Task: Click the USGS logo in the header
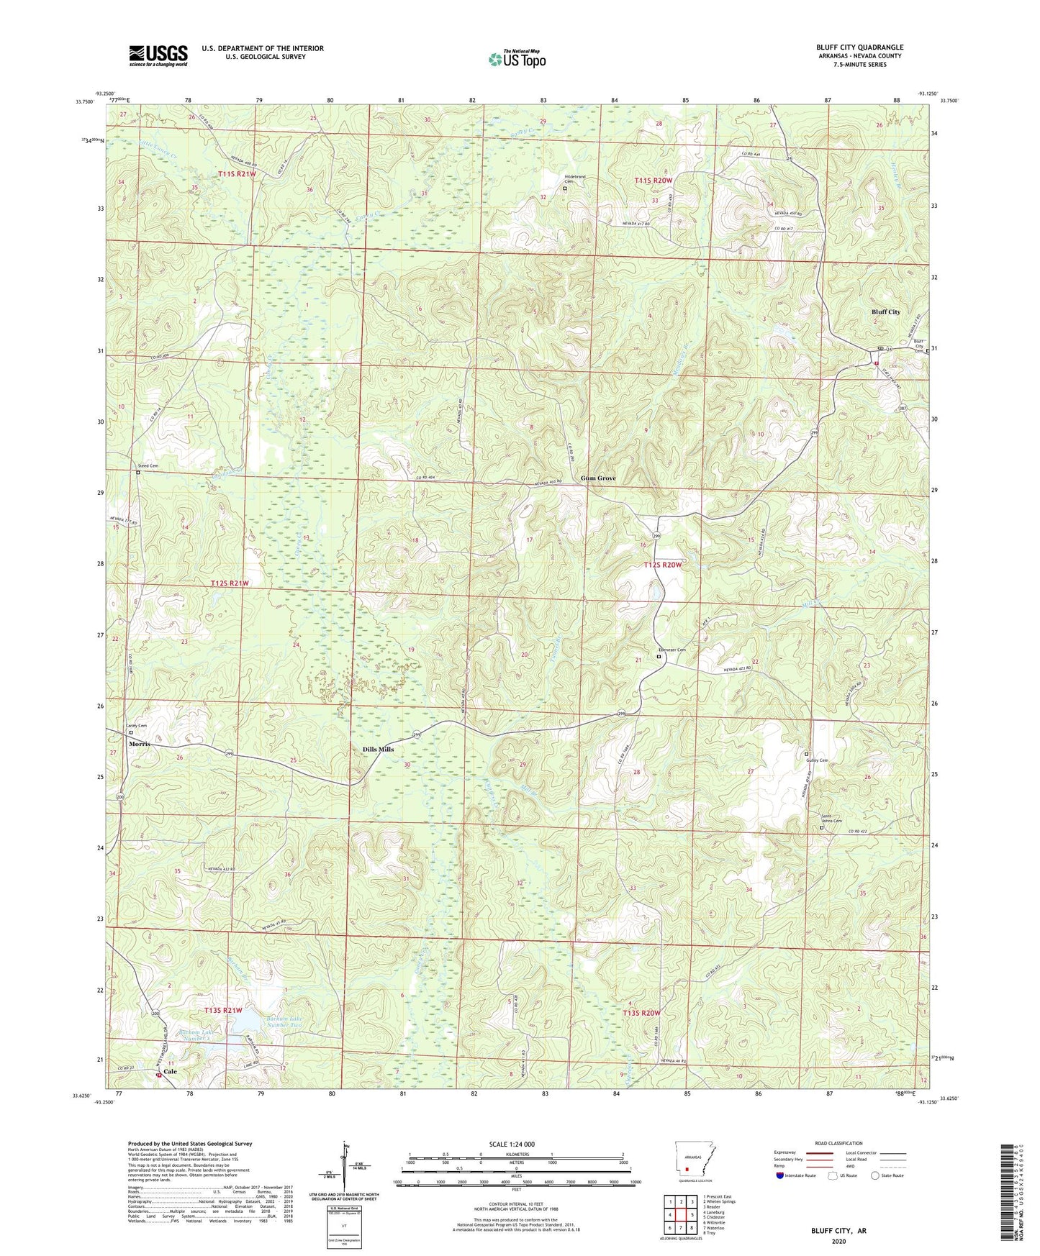click(158, 55)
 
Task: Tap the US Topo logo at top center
click(517, 59)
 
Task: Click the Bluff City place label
click(885, 311)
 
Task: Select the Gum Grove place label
click(598, 478)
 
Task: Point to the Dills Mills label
click(378, 749)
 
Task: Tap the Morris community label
click(139, 743)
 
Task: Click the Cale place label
click(170, 1071)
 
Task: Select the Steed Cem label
click(148, 466)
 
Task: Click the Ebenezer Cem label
click(671, 650)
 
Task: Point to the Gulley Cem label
click(816, 760)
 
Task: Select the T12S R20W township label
click(661, 565)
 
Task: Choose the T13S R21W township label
click(222, 1010)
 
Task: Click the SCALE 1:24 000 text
click(512, 1144)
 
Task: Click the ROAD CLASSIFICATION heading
click(838, 1143)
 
